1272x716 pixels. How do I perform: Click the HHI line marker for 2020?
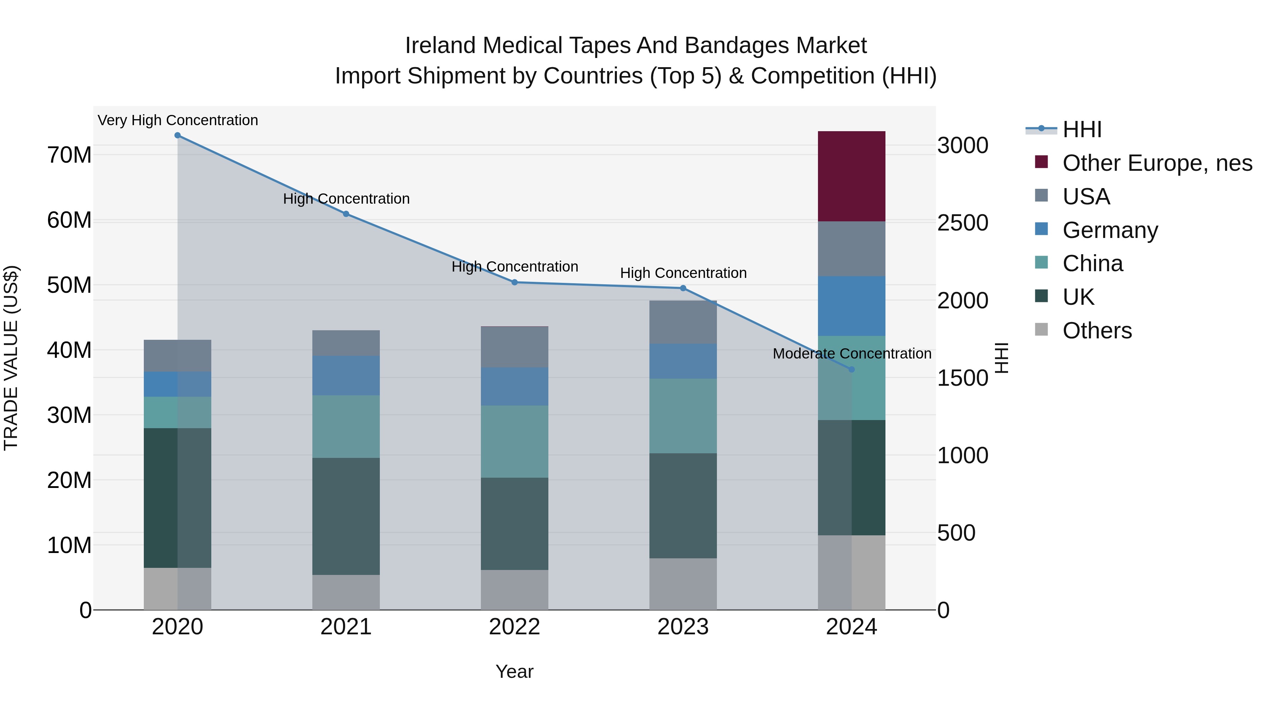click(177, 135)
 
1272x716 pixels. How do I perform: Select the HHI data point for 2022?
click(514, 282)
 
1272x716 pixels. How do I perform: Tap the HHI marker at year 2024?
click(851, 369)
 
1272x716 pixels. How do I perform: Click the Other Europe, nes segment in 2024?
click(851, 176)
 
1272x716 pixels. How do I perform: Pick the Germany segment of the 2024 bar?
click(851, 306)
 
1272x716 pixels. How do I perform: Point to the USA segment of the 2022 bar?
click(514, 347)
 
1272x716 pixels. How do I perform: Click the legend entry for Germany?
click(1109, 230)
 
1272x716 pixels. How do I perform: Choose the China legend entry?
click(1092, 263)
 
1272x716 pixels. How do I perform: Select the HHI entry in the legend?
click(1082, 129)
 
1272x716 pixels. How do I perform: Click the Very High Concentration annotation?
click(178, 120)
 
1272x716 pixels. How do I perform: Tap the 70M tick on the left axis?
click(69, 155)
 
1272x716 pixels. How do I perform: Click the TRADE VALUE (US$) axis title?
click(11, 358)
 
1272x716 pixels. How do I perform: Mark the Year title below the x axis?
click(514, 671)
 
